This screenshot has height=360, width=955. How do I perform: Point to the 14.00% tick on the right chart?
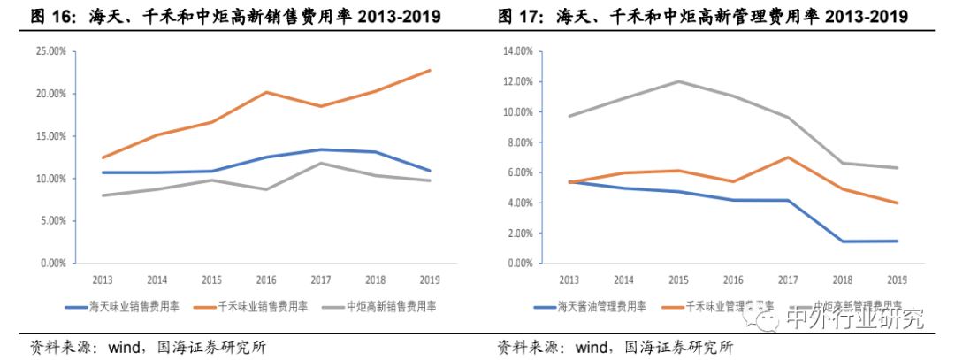pos(516,51)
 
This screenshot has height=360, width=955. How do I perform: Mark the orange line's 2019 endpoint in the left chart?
pos(431,70)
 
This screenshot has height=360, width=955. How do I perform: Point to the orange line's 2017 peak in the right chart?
pos(788,157)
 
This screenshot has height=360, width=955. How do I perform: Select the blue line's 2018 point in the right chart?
pos(843,241)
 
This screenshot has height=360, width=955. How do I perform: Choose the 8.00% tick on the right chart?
pos(518,142)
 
